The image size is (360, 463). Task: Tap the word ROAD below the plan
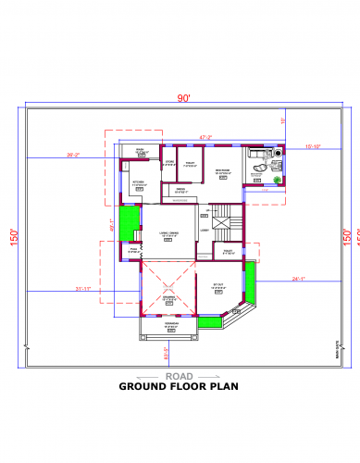(180, 376)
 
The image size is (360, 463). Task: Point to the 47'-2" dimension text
(205, 138)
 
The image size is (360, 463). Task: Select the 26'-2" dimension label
(73, 155)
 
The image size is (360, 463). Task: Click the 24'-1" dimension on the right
(298, 277)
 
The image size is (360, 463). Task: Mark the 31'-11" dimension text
(81, 289)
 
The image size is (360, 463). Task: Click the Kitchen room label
(138, 181)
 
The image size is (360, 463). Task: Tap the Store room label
(169, 162)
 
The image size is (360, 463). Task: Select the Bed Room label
(223, 170)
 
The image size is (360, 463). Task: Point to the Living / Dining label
(169, 234)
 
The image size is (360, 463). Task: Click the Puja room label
(133, 248)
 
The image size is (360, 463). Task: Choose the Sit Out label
(217, 285)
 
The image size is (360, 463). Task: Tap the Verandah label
(169, 323)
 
